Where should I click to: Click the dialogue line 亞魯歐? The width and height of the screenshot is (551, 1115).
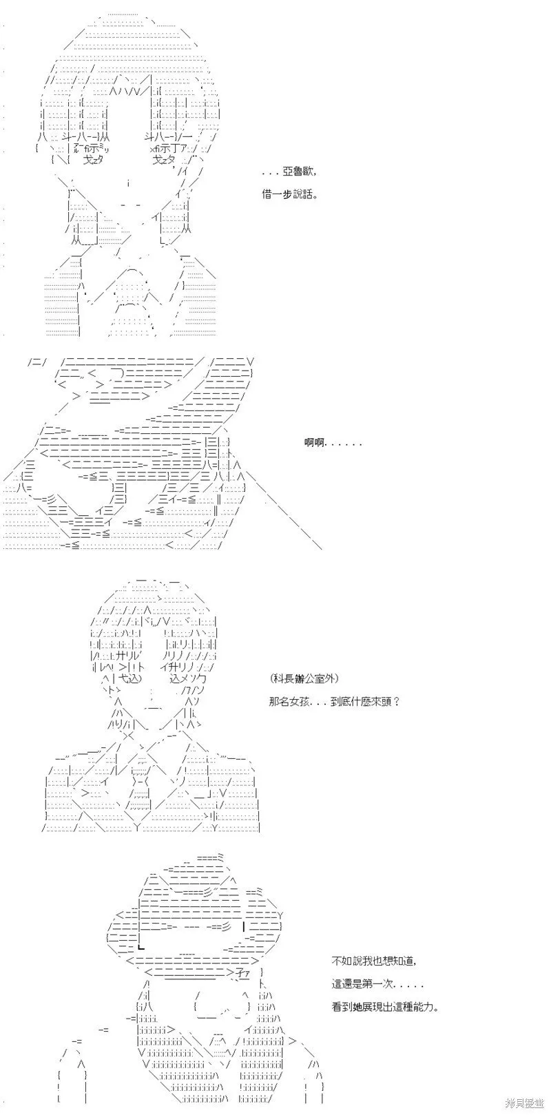pos(289,173)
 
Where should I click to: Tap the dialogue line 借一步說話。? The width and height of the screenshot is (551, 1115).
pos(290,195)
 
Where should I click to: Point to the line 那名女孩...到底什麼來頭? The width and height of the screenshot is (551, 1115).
pos(334,702)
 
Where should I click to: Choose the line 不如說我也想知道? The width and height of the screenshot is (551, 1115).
pos(374,961)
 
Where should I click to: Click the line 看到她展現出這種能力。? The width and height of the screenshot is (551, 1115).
pos(386,1007)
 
